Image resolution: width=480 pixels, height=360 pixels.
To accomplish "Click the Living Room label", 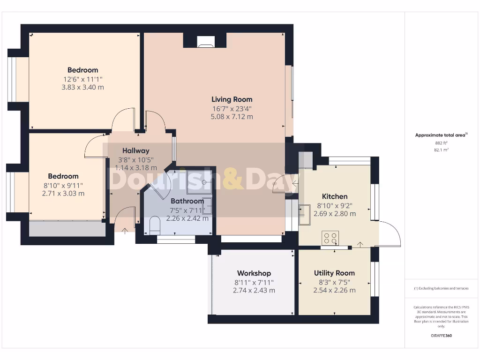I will [x=232, y=99].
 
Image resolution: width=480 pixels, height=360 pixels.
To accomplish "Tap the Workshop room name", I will [x=254, y=273].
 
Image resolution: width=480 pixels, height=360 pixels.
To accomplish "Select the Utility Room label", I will [x=334, y=273].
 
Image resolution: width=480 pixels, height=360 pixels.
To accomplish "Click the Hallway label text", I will [x=136, y=151].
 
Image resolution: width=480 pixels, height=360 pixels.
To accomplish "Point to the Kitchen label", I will [x=335, y=196].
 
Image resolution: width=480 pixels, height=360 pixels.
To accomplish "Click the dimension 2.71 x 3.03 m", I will [x=63, y=193].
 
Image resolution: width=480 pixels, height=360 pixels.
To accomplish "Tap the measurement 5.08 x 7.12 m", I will [x=232, y=116].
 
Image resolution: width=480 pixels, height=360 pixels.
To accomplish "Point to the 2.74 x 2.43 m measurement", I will [x=254, y=290].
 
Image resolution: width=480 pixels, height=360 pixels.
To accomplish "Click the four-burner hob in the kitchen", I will [x=330, y=238].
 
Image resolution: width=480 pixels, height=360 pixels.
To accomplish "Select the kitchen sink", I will [x=305, y=214].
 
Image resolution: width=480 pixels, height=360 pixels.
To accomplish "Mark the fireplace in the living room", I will [x=205, y=41].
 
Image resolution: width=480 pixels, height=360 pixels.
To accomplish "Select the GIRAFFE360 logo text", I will [x=441, y=336].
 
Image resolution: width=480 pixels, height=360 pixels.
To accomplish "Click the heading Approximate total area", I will [x=440, y=135].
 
